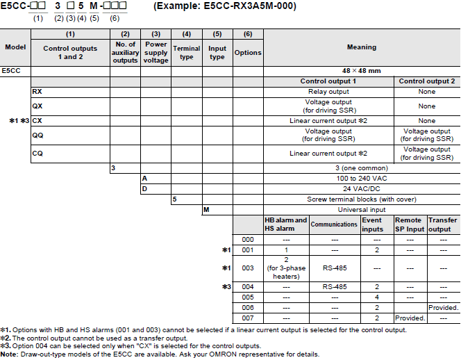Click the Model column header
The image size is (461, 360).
tap(15, 47)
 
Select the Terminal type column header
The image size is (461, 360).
tap(186, 52)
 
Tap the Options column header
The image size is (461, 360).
tap(248, 52)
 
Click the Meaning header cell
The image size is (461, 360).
tap(361, 47)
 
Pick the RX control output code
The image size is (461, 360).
tap(37, 91)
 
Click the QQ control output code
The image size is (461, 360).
tap(37, 135)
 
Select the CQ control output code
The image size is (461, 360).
tap(37, 153)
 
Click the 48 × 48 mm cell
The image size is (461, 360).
tap(361, 71)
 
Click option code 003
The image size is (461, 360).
tap(247, 268)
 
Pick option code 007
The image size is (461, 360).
tap(247, 317)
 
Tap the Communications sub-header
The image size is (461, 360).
tap(334, 224)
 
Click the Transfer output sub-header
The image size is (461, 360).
tap(443, 224)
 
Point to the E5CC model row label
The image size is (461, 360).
tap(10, 71)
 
